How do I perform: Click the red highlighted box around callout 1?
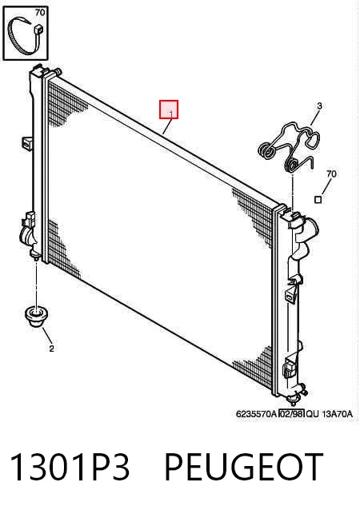click(x=169, y=110)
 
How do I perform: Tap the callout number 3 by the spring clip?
click(x=319, y=106)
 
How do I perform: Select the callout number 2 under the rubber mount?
click(x=51, y=349)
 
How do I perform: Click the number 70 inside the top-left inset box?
click(x=40, y=13)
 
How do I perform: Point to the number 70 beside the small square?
click(x=331, y=174)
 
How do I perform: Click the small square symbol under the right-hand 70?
click(x=318, y=199)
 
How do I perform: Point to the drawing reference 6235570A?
click(x=257, y=414)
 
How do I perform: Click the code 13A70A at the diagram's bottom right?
click(x=338, y=414)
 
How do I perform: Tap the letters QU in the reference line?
click(x=313, y=414)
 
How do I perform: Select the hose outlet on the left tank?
click(x=26, y=236)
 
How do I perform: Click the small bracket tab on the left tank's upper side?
click(x=26, y=143)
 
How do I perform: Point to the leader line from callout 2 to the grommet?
click(x=47, y=336)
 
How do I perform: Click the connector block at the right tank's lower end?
click(x=290, y=366)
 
